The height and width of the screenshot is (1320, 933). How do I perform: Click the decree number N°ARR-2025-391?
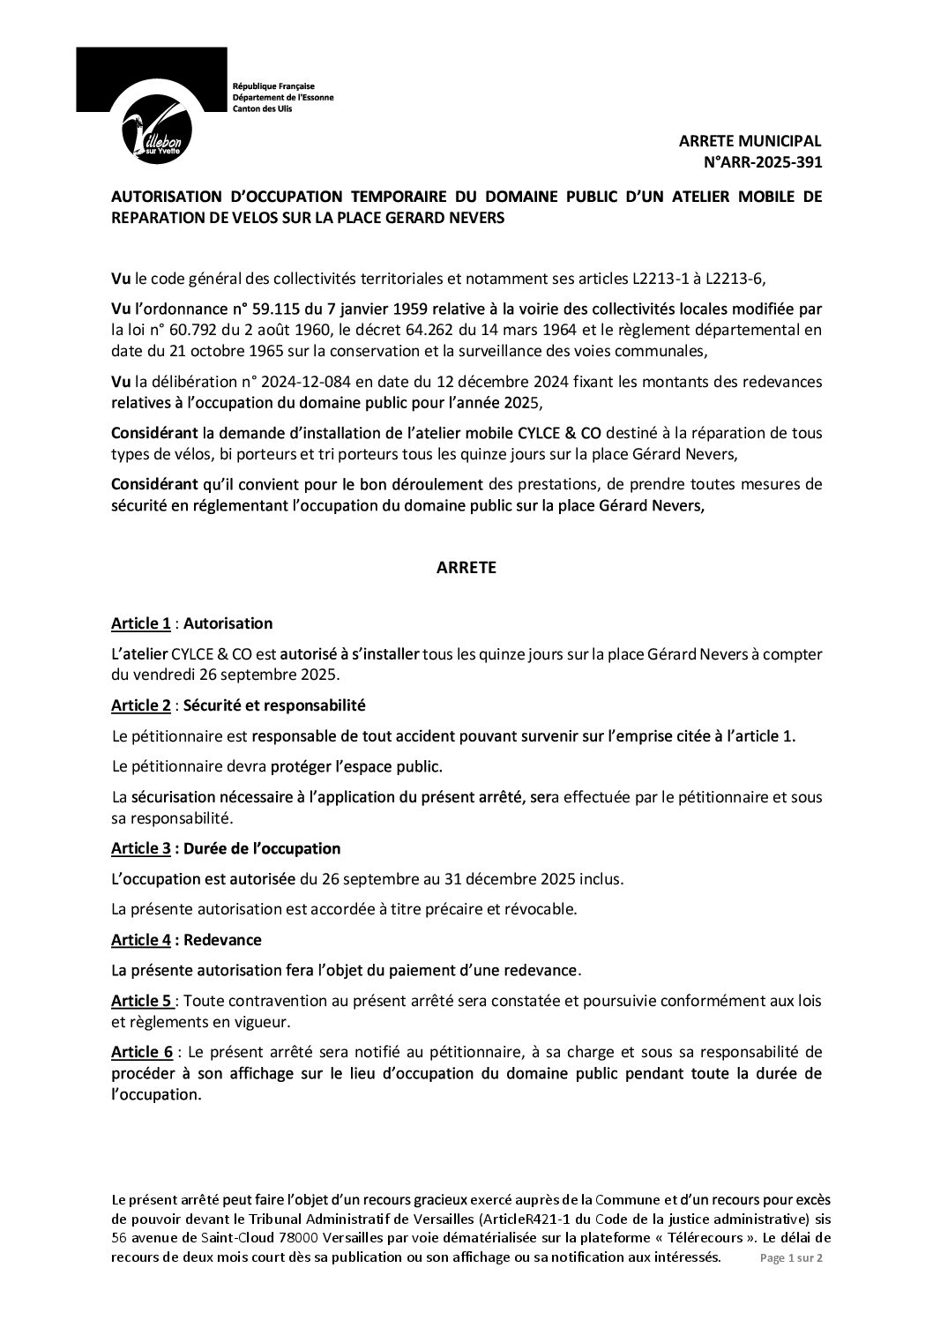click(x=760, y=160)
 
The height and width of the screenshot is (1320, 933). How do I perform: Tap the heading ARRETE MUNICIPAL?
click(x=750, y=141)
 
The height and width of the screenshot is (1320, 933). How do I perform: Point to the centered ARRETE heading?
click(x=466, y=569)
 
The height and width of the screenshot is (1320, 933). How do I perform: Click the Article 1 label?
click(x=141, y=623)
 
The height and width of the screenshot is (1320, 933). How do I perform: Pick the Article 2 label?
click(x=141, y=706)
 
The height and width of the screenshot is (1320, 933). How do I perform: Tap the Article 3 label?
click(x=141, y=848)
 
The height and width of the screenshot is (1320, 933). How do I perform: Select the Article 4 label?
click(x=141, y=940)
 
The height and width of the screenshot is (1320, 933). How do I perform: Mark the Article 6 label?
click(x=141, y=1052)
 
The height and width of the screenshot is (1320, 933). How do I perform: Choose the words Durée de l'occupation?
click(x=261, y=848)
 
